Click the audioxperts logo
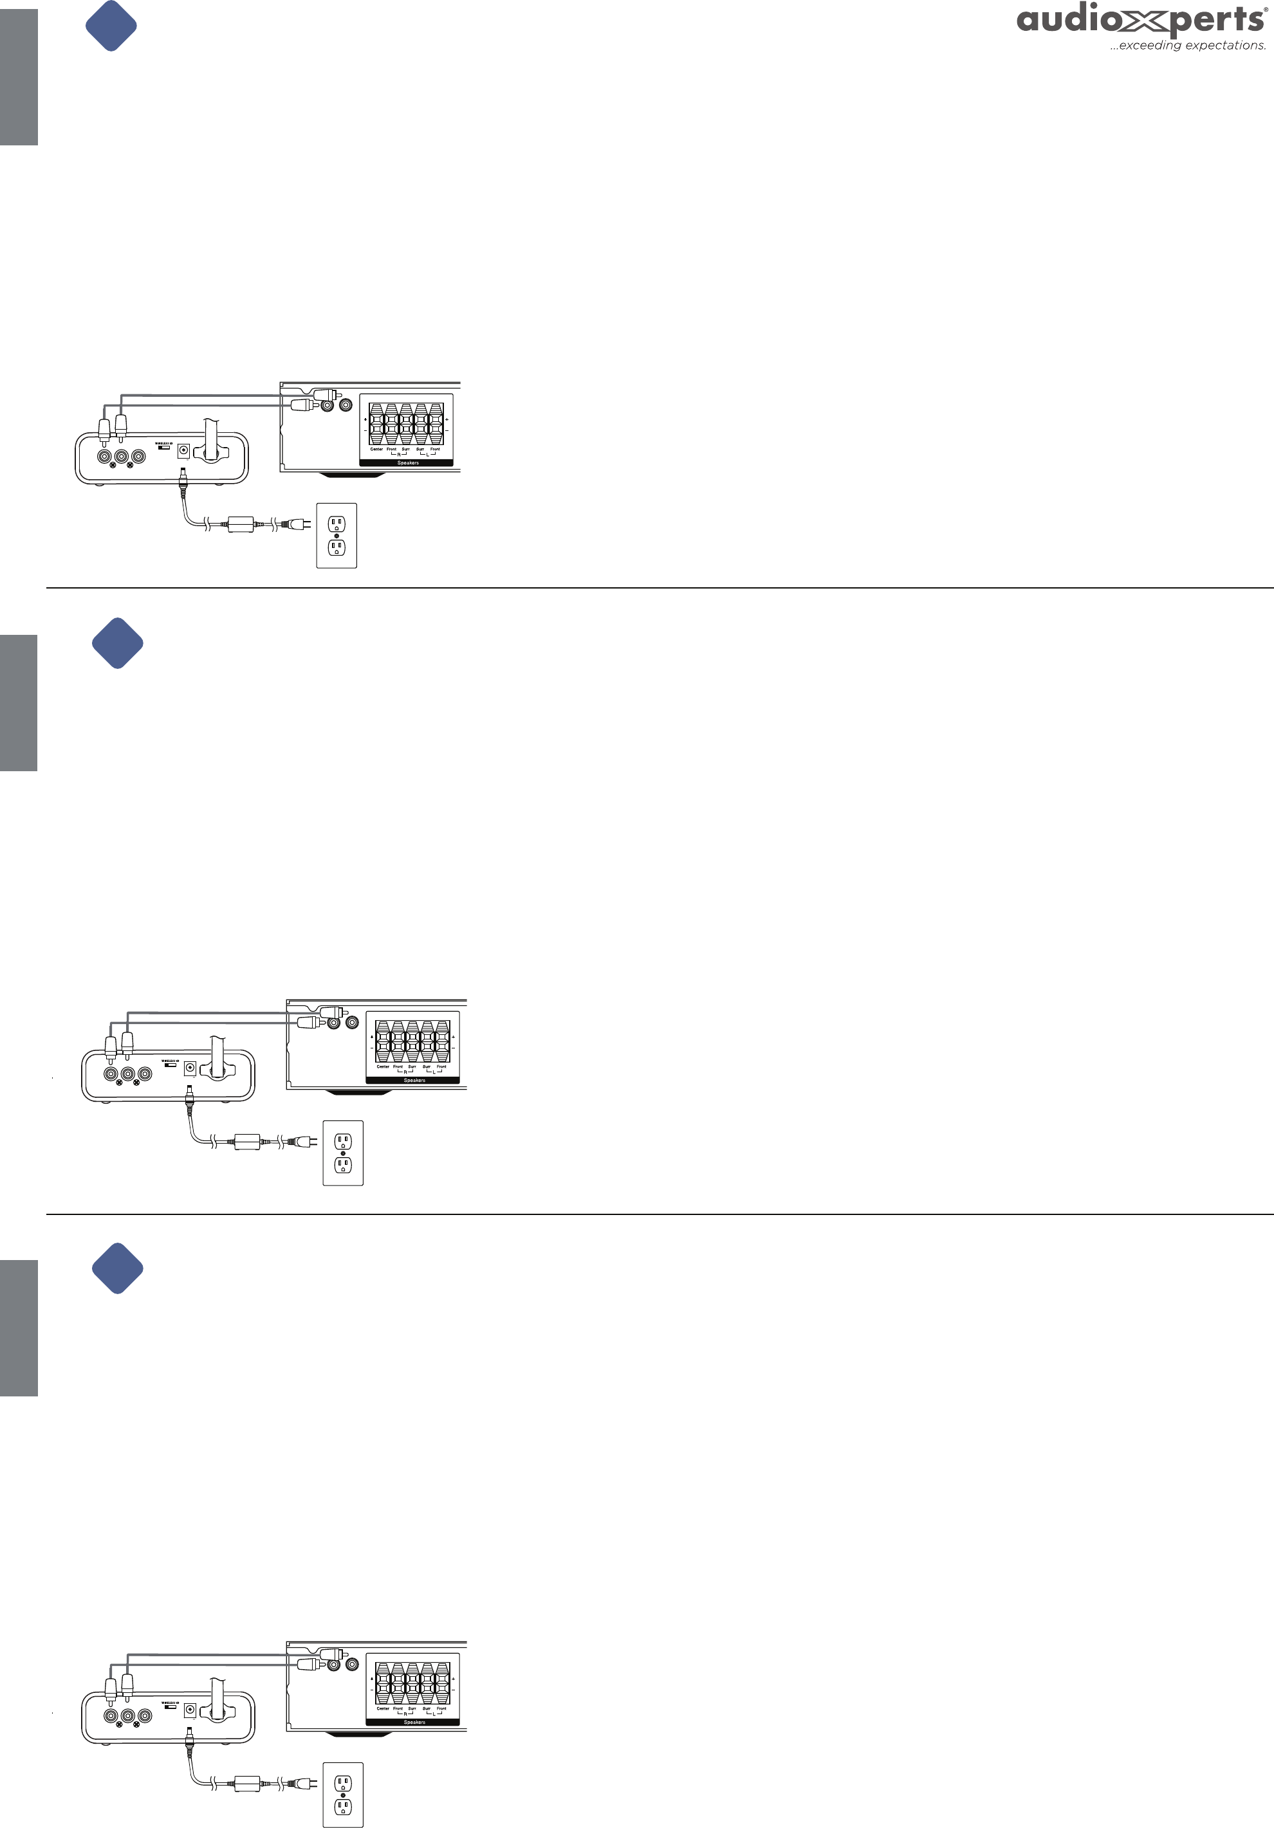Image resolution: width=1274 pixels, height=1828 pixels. (1140, 20)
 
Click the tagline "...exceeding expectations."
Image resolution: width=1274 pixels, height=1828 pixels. (1187, 46)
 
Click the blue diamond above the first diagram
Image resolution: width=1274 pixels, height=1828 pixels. (111, 26)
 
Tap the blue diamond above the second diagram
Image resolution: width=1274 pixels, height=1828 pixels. (118, 643)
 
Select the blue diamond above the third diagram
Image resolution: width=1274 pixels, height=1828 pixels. (118, 1268)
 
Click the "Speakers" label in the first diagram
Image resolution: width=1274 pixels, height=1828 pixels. (408, 462)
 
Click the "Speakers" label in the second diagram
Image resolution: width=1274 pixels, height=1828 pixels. (414, 1081)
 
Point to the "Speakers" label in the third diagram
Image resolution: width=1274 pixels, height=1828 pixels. (414, 1722)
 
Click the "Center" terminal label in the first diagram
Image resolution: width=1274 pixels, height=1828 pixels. (376, 449)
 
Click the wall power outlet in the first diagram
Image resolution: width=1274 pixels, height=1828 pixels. (337, 536)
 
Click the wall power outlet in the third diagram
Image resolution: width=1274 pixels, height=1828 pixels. (343, 1795)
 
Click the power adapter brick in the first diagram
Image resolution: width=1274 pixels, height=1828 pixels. (241, 524)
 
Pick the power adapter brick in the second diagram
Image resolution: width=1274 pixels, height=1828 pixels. (248, 1142)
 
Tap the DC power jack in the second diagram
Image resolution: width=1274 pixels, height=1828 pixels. (190, 1068)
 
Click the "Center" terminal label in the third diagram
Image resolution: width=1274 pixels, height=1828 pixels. (383, 1708)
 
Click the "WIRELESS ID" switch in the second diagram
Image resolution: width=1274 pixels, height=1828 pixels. (171, 1065)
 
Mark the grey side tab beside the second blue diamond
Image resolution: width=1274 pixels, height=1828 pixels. (18, 703)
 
